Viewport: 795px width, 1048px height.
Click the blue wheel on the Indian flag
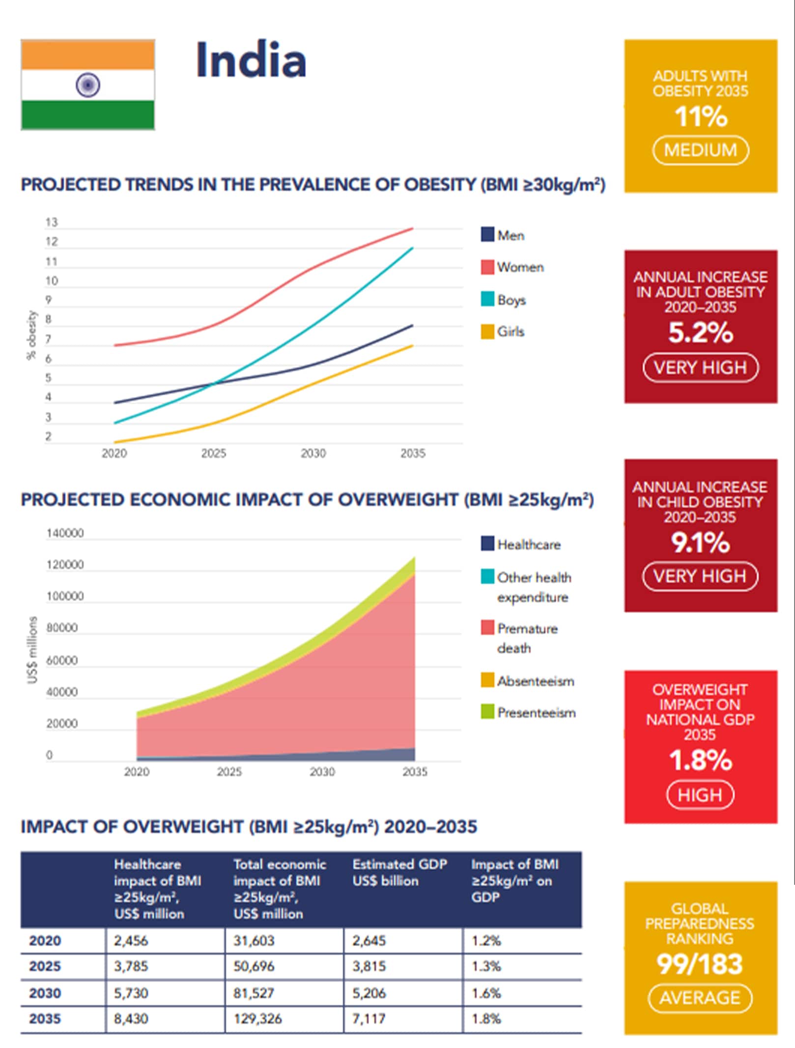pos(88,85)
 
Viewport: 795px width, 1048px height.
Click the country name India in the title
pos(251,60)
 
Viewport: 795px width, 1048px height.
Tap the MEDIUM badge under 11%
pos(700,150)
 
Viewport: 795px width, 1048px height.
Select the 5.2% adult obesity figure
pos(700,333)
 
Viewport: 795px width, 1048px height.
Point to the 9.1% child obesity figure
pos(700,543)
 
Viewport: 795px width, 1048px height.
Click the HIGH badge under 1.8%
pos(700,795)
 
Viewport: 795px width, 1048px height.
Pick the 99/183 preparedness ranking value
pos(700,964)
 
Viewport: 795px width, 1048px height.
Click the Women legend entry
pos(520,267)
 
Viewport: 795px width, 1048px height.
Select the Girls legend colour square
pos(487,331)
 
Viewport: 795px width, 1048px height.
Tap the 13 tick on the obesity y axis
pos(52,223)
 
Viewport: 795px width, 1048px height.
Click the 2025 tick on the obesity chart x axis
pos(213,453)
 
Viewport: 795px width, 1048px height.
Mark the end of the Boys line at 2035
pos(413,248)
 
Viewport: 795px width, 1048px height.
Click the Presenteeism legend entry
pos(536,713)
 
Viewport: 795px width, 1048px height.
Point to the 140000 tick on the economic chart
pos(65,533)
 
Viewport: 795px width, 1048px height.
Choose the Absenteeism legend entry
pos(535,681)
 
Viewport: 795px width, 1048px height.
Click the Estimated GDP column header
pos(399,873)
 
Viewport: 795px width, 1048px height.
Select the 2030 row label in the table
pos(45,993)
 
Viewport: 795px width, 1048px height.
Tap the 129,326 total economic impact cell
pos(257,1019)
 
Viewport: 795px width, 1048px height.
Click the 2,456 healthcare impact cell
pos(131,941)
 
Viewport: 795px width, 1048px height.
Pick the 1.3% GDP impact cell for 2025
pos(486,966)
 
